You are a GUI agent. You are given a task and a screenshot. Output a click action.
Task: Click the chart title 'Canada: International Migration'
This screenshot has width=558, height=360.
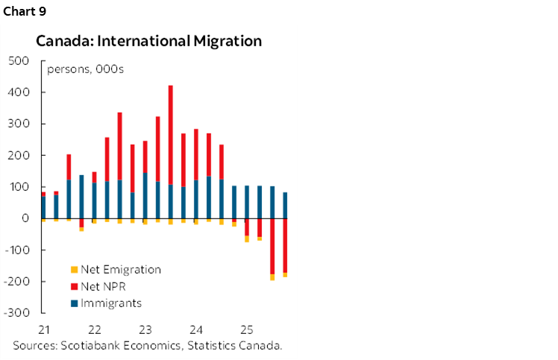(148, 41)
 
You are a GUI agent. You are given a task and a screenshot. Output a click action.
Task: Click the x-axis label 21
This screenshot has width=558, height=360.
(43, 329)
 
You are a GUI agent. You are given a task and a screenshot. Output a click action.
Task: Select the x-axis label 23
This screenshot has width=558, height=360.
(145, 329)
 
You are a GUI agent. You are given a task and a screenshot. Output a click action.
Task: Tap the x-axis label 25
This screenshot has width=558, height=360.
(247, 329)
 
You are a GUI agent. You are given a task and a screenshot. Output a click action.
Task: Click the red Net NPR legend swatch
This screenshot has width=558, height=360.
(73, 287)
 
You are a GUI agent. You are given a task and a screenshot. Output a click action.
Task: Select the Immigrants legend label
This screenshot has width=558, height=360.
(111, 303)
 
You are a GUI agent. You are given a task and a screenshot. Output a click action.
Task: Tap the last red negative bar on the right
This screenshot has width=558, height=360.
(285, 245)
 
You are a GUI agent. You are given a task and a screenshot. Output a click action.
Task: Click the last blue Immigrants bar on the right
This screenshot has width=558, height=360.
(285, 205)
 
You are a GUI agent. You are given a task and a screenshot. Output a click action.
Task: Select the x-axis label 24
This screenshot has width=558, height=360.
(196, 329)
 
